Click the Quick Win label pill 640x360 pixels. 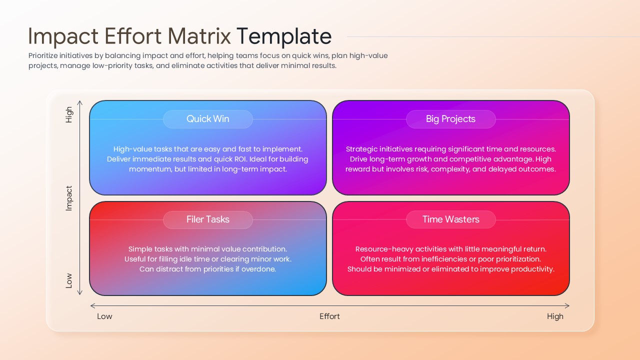click(x=207, y=119)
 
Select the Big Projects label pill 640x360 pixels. click(x=450, y=119)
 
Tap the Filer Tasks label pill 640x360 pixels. click(x=207, y=219)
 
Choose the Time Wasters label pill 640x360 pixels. click(x=450, y=219)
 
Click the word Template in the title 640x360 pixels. click(x=283, y=37)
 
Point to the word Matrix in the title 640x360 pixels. click(x=199, y=37)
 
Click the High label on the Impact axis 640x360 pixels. click(x=69, y=114)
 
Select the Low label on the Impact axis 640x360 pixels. click(x=69, y=280)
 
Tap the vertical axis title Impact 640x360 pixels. click(x=69, y=198)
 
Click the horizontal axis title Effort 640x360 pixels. click(x=329, y=316)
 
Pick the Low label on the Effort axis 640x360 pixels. click(x=104, y=316)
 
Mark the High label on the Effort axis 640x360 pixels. click(x=555, y=316)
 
